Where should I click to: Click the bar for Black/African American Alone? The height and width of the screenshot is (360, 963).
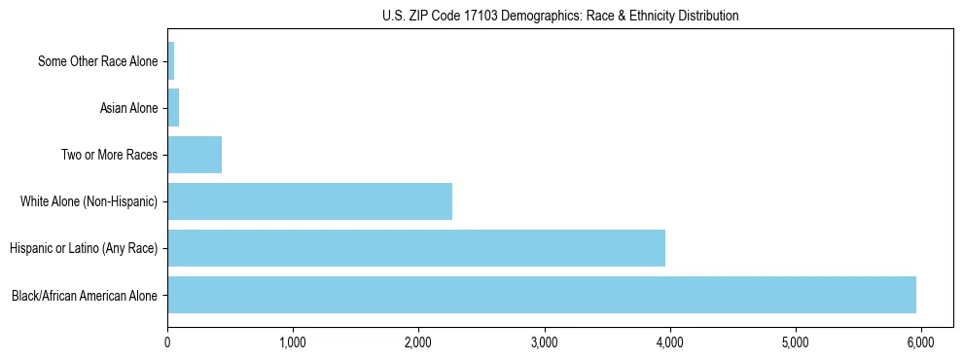point(542,295)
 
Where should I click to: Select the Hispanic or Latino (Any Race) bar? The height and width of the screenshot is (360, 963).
point(416,248)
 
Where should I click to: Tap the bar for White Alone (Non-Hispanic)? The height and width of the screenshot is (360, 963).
point(309,201)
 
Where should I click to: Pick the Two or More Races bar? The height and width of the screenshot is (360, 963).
point(195,155)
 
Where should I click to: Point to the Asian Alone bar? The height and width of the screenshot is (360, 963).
point(173,108)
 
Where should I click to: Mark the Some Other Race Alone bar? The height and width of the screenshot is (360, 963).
point(171,61)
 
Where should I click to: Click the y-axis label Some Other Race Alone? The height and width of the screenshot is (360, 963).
point(97,61)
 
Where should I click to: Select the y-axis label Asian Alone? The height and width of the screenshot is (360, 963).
point(128,108)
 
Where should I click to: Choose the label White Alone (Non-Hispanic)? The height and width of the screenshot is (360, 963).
point(89,201)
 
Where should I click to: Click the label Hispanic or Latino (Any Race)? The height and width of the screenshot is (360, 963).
point(84,248)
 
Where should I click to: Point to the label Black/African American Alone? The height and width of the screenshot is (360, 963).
point(85,295)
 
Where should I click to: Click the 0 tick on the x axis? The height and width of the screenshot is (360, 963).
point(167,342)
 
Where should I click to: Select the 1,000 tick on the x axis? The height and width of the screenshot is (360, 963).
point(293,342)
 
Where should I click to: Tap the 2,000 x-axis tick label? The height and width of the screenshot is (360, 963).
point(418,342)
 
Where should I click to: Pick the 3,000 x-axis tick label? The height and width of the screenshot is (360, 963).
point(544,342)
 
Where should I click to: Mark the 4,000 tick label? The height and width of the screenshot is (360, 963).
point(669,342)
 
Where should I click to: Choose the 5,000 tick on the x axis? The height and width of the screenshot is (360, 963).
point(796,342)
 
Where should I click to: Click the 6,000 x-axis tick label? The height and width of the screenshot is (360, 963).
point(921,342)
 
